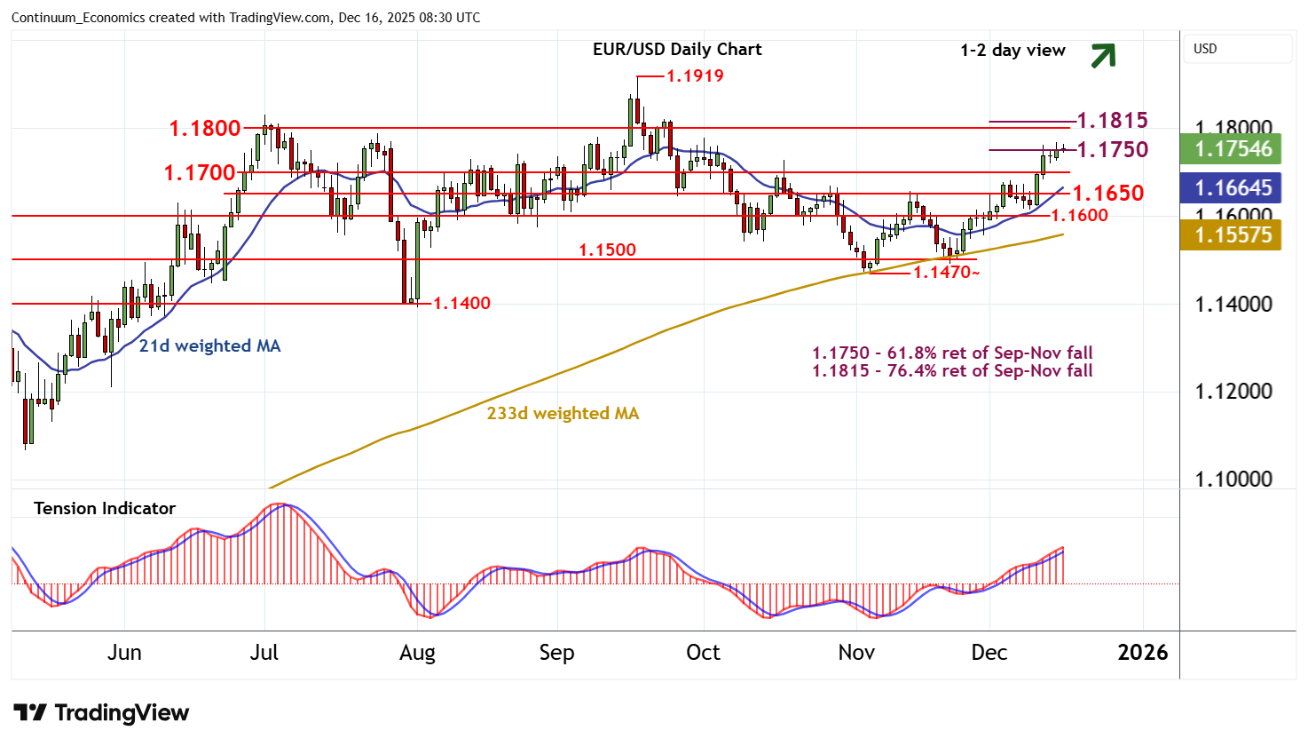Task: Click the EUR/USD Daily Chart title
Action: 677,50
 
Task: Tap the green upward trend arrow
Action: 1102,56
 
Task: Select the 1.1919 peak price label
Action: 695,76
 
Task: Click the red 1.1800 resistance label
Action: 205,129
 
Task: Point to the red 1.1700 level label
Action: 200,172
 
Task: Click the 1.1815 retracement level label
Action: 1112,120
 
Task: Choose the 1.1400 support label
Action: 461,304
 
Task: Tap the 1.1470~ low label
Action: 946,273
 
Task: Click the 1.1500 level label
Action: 607,250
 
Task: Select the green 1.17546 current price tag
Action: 1233,149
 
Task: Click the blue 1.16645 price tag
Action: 1233,188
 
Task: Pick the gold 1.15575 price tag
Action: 1233,235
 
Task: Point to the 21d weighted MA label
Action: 209,346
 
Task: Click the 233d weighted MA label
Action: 563,414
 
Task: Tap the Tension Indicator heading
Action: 105,509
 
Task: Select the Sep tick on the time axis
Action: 556,653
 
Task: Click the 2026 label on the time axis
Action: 1143,653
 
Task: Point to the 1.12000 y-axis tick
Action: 1233,392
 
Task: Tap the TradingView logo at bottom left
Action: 101,713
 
